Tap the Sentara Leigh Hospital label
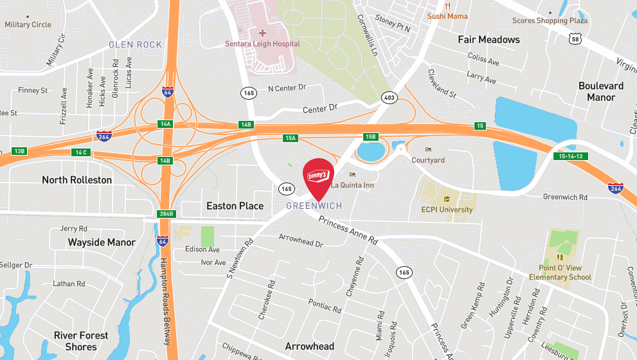tap(262, 44)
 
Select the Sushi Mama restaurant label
tap(447, 15)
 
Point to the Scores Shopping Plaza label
tap(550, 21)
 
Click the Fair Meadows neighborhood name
tap(489, 40)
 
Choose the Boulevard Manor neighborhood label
tap(600, 91)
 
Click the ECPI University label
tap(446, 210)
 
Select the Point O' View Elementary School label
tap(559, 273)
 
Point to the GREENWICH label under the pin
tap(314, 206)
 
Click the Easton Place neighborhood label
tap(235, 206)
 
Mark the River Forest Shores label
tap(81, 341)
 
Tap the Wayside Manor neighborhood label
tap(102, 242)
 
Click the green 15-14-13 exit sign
tap(571, 156)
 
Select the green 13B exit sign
tap(19, 151)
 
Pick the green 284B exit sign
tap(166, 213)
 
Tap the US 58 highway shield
tap(575, 39)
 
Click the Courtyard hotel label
tap(428, 159)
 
